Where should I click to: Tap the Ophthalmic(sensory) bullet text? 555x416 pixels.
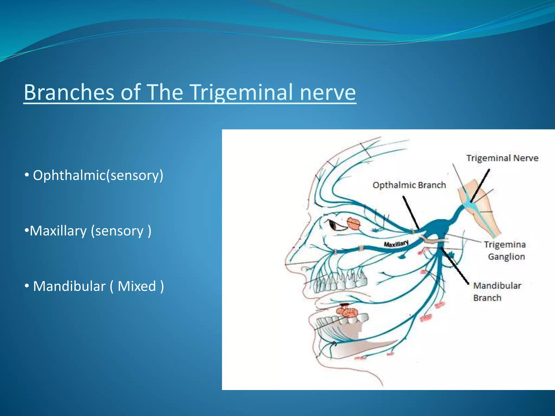pos(98,175)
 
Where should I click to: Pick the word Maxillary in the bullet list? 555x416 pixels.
pos(58,231)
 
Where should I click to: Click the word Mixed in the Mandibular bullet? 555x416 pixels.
pos(137,286)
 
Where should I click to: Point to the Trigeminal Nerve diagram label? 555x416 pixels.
pos(502,158)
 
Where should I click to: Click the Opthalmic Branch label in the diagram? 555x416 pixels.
pos(409,185)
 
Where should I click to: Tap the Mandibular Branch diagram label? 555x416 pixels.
pos(497,292)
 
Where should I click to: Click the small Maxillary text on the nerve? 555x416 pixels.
pos(396,244)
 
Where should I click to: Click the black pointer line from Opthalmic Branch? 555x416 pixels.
pos(411,213)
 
